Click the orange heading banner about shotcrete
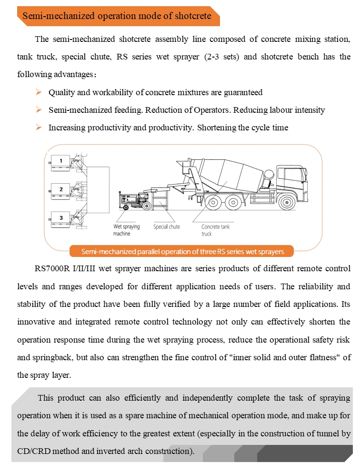point(117,16)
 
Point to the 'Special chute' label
point(167,227)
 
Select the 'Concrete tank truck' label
point(215,230)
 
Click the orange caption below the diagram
point(182,251)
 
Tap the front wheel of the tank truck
point(286,202)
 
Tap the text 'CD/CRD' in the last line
point(31,451)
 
